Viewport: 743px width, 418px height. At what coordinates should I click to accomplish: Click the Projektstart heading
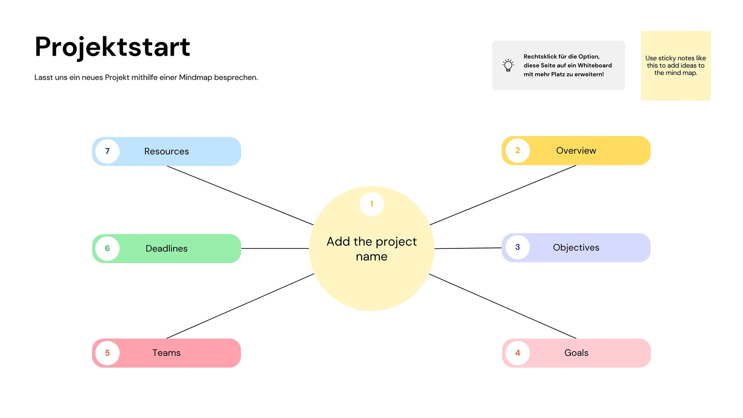click(x=112, y=47)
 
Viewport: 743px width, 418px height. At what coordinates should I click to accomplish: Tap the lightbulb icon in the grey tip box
click(x=508, y=65)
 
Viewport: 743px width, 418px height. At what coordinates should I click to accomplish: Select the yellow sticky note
click(x=675, y=65)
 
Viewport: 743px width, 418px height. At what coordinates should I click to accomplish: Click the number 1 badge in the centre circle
click(x=371, y=204)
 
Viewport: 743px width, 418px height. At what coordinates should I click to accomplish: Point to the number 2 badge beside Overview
click(x=517, y=150)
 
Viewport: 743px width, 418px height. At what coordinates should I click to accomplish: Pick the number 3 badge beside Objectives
click(x=517, y=247)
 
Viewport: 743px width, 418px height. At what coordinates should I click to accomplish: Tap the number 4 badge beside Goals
click(x=517, y=353)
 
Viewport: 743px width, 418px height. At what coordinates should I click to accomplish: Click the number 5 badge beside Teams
click(x=107, y=353)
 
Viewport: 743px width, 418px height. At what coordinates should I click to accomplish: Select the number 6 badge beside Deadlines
click(x=107, y=248)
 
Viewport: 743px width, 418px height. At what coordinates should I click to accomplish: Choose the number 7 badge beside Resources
click(x=107, y=151)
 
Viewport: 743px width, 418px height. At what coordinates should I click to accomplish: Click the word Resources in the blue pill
click(x=167, y=151)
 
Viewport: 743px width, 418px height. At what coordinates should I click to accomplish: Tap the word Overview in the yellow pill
click(x=576, y=150)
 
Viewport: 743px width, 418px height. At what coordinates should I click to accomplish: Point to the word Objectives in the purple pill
click(x=576, y=248)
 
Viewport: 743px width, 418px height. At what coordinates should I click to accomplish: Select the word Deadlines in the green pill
click(x=167, y=248)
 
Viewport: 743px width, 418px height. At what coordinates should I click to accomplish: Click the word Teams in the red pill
click(x=167, y=353)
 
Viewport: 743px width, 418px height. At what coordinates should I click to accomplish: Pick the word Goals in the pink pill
click(x=576, y=353)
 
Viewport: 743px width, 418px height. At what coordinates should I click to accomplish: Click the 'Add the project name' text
click(x=371, y=249)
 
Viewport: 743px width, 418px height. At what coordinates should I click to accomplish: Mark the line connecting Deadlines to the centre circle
click(x=275, y=248)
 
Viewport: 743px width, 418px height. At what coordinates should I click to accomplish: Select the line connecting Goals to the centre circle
click(x=502, y=306)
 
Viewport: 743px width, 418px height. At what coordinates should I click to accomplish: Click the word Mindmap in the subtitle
click(x=196, y=78)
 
